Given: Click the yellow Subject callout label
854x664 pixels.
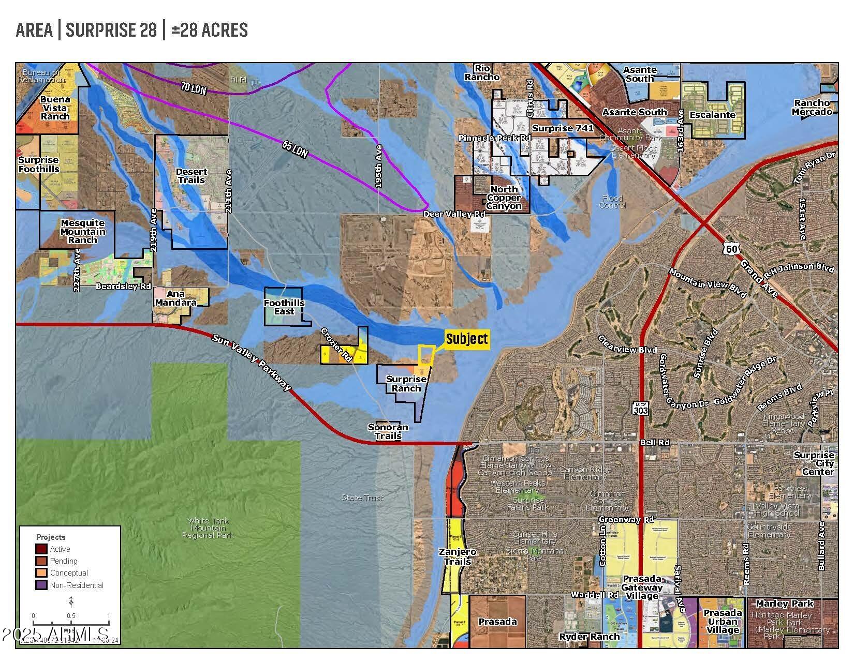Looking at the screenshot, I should point(467,339).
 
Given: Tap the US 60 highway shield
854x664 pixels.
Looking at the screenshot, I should point(732,249).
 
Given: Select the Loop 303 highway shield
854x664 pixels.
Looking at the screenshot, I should point(639,408).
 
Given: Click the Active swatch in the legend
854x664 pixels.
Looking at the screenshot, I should point(41,549).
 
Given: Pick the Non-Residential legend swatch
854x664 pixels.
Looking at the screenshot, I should point(41,585).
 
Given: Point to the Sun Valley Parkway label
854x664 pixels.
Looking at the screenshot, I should point(252,362).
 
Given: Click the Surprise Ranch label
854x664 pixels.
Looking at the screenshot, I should point(406,384).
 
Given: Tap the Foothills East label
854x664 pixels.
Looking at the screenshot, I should point(284,307).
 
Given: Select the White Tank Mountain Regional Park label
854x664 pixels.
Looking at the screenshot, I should point(208,528).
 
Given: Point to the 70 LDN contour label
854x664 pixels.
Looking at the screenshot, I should point(194,88).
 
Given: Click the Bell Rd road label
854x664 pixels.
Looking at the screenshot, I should point(655,443).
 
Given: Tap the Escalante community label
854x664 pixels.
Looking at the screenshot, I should point(714,115).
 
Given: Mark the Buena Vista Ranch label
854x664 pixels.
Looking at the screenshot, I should point(55,108).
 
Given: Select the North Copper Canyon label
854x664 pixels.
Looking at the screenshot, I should point(504,198).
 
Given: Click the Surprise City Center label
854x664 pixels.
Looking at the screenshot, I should point(814,463).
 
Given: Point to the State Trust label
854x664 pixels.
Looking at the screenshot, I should point(363,497).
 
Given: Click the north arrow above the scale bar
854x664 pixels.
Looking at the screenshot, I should point(71,601).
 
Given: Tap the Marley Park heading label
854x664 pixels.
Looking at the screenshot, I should point(785,603).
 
